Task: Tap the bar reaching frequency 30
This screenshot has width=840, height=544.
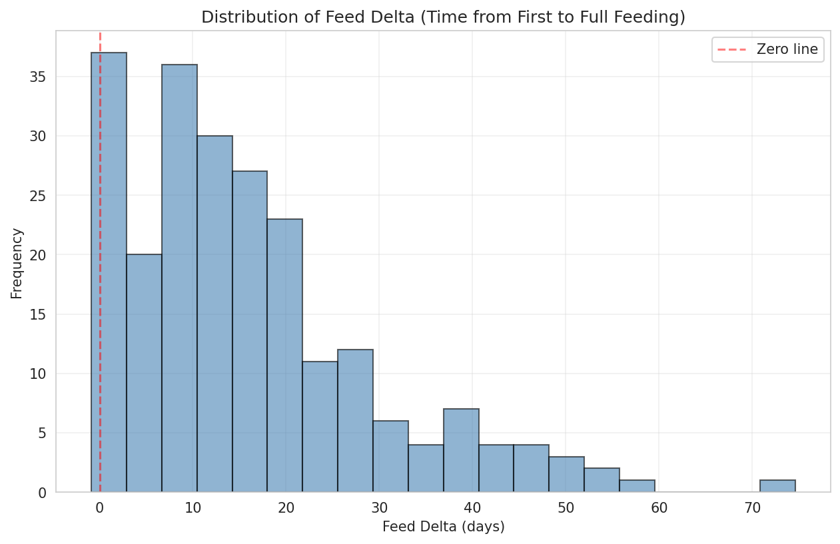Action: [x=214, y=314]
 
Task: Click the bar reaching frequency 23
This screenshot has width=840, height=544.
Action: [x=285, y=356]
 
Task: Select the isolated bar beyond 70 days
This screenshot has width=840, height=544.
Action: [x=777, y=486]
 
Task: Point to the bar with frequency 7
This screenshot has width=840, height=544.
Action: [x=461, y=451]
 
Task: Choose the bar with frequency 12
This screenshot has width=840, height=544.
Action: [x=355, y=421]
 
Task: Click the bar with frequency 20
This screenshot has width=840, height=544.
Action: [x=144, y=373]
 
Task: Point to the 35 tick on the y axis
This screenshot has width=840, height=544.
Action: [x=39, y=77]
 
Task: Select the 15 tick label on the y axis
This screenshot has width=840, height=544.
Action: [x=39, y=314]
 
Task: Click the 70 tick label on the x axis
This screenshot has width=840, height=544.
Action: [x=752, y=508]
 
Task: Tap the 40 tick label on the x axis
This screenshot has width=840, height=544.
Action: [x=472, y=508]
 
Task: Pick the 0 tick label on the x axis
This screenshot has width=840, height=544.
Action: [x=100, y=508]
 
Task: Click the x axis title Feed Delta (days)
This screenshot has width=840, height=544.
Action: [x=443, y=527]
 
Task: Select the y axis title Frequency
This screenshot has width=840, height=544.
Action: [x=17, y=263]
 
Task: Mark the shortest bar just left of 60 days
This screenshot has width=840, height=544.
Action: [x=637, y=486]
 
